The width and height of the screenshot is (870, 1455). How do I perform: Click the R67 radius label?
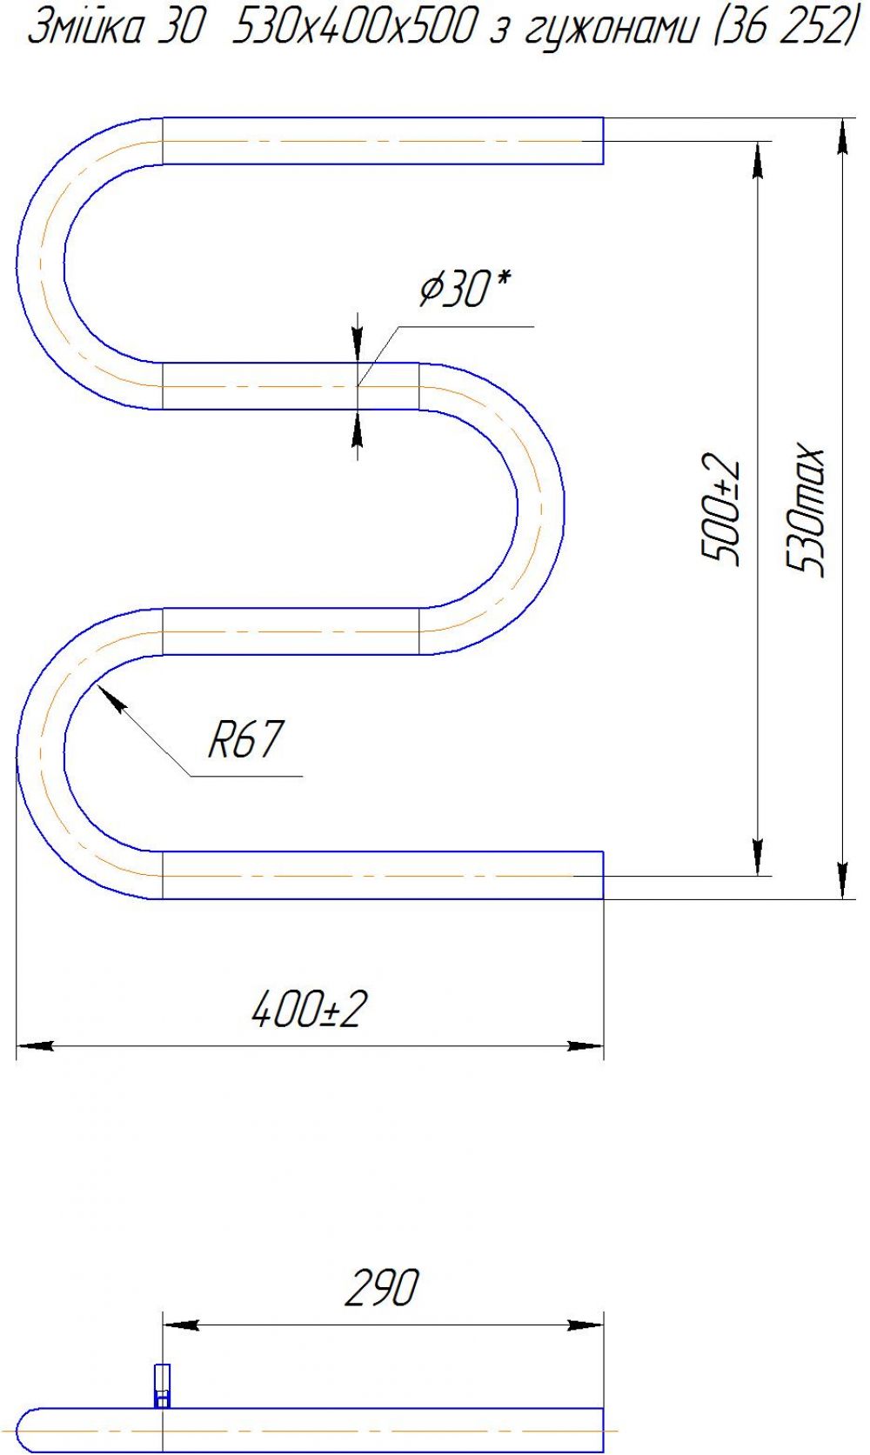coord(245,740)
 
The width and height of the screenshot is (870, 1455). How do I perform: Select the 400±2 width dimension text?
coord(310,1009)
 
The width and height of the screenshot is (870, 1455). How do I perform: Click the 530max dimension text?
coord(805,511)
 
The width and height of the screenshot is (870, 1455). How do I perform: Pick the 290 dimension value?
coord(381,1287)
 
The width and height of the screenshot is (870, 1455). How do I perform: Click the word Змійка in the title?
coord(85,30)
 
